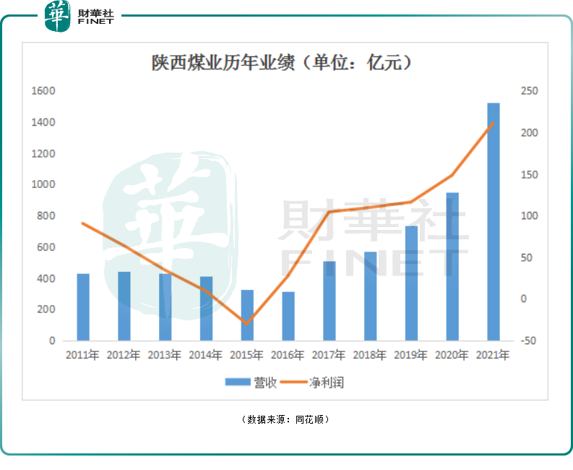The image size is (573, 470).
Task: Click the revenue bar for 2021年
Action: point(494,221)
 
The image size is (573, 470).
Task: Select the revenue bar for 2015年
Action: point(247,315)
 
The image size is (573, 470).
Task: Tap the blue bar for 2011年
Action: point(83,307)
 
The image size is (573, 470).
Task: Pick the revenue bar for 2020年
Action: point(452,266)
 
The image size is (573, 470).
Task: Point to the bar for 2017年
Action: point(329,301)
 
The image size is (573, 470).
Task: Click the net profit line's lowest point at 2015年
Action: point(247,323)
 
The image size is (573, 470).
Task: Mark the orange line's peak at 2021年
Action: point(494,123)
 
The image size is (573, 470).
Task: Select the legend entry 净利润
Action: point(314,383)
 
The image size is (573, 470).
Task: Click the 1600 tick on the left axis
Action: point(44,91)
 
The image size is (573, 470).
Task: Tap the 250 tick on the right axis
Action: point(530,91)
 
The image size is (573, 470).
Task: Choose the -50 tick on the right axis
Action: point(530,341)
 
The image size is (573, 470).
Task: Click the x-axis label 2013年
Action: point(165,356)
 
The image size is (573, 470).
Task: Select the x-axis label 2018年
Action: point(370,356)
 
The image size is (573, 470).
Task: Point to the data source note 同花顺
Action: point(312,419)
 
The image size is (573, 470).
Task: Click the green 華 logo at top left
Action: point(57,16)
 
